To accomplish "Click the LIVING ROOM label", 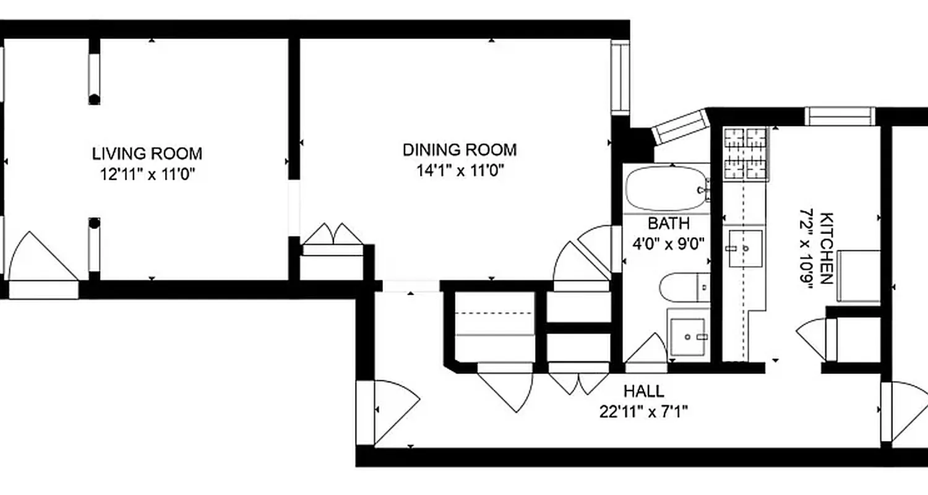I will click(147, 153).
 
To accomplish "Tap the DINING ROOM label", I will click(460, 150).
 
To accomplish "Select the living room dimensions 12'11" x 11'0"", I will click(147, 174).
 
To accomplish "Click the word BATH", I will click(668, 223).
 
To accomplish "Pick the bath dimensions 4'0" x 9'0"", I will click(668, 243).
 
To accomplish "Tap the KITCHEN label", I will click(827, 248).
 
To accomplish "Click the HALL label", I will click(643, 391).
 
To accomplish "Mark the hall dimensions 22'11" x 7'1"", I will click(643, 411).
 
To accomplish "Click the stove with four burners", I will click(745, 153).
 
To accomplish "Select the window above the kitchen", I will click(840, 116).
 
